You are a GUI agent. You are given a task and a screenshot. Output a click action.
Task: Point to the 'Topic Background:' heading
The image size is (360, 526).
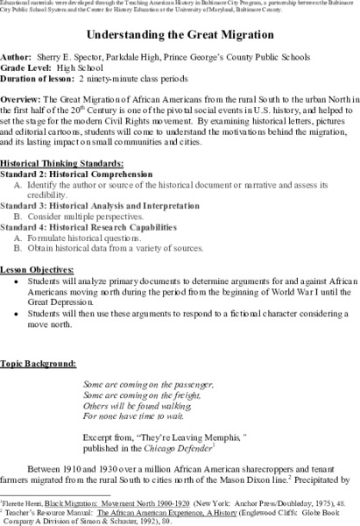tap(38, 362)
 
